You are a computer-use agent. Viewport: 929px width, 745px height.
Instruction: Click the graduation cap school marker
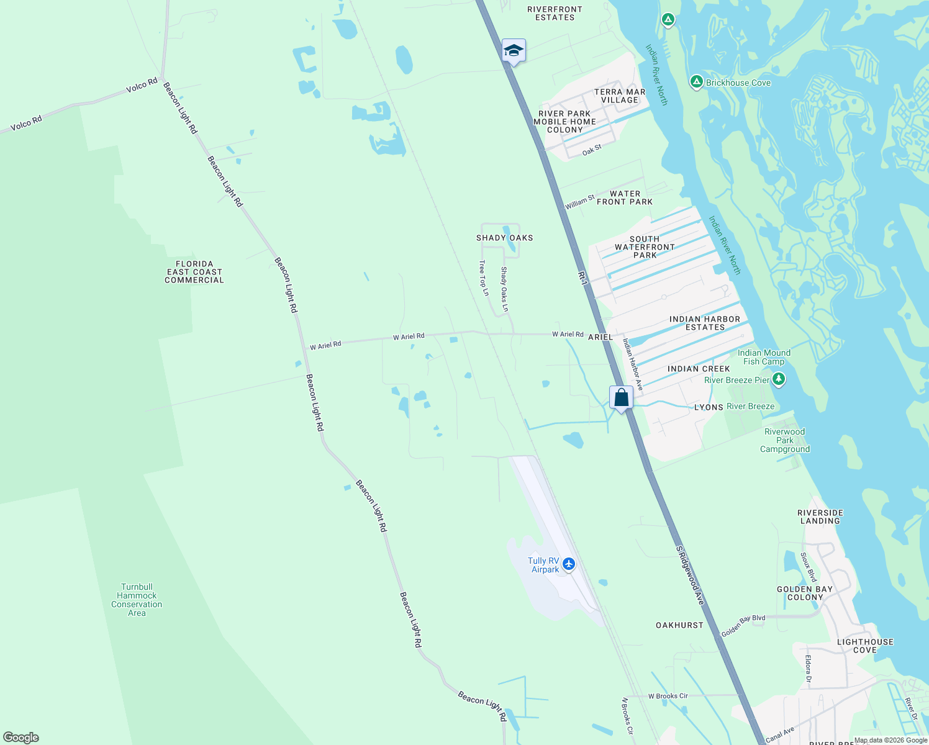[514, 50]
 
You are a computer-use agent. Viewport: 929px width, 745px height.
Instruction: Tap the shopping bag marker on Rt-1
[621, 397]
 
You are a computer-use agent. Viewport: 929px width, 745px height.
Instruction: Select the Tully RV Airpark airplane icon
[569, 565]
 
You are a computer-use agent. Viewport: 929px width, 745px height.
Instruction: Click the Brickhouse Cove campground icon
[697, 82]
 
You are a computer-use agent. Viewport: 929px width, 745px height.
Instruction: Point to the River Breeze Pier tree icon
[779, 379]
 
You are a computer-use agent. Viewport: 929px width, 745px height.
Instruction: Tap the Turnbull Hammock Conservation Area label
[137, 600]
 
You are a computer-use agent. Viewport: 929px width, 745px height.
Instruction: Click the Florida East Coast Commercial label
[194, 272]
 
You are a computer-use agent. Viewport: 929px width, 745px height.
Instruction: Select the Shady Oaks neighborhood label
[504, 238]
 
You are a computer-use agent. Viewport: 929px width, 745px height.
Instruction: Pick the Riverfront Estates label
[555, 14]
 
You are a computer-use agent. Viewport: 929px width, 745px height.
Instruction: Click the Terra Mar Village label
[620, 96]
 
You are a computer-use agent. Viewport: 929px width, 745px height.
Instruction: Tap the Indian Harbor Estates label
[705, 323]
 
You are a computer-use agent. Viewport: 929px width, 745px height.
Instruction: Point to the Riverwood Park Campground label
[785, 440]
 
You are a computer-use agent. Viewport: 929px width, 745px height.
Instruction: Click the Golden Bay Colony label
[805, 593]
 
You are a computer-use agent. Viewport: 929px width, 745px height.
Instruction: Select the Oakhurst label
[679, 625]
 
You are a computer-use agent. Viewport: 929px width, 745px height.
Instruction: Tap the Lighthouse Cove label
[865, 646]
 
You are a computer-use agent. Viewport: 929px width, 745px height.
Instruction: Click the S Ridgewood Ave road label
[690, 576]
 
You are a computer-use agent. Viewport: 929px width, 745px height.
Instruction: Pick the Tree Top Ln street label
[483, 278]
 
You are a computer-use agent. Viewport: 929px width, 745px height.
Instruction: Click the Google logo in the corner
[21, 738]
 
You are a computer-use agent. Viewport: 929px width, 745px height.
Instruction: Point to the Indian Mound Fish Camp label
[764, 357]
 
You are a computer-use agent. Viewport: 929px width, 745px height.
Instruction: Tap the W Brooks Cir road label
[668, 696]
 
